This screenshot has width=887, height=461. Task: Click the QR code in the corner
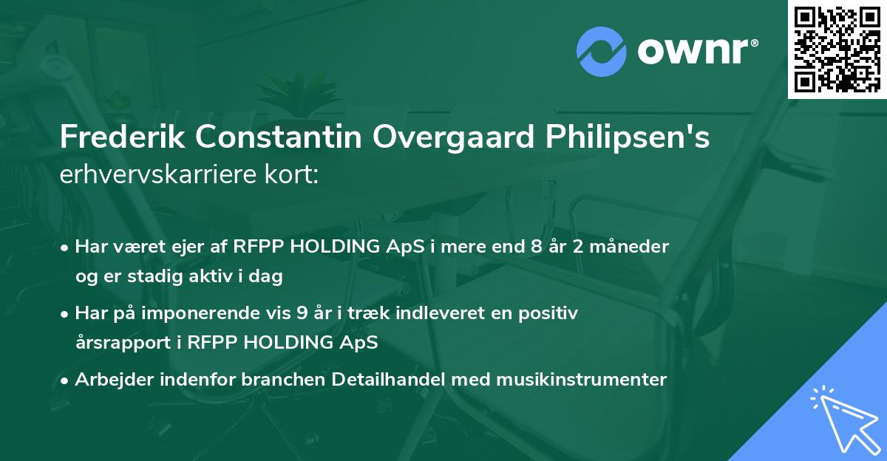point(837,49)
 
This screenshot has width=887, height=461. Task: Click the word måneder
point(634,247)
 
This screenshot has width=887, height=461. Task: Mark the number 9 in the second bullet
point(302,313)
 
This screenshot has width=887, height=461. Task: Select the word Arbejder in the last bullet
point(110,380)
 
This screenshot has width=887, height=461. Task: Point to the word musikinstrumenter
point(572,380)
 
